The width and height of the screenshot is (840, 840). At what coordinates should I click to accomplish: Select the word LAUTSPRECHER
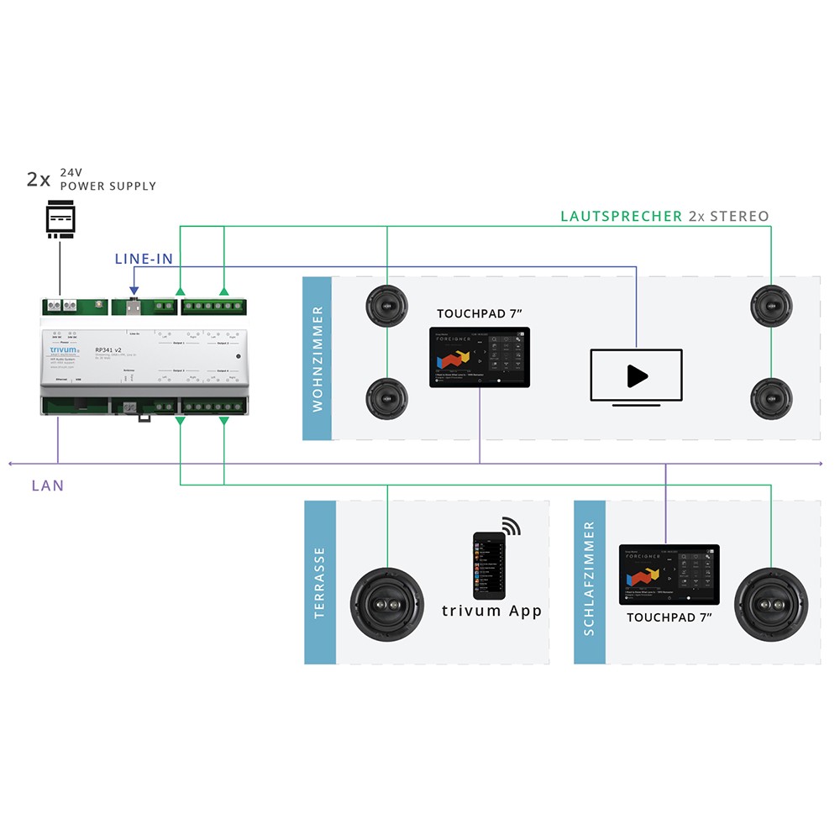point(621,216)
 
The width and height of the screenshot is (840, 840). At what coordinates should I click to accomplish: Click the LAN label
point(47,486)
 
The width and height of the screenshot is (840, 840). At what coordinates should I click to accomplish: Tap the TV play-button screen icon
point(636,376)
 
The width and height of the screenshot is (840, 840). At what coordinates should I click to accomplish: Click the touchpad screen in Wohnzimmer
point(480,357)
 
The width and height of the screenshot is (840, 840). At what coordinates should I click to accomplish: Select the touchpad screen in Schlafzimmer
point(669,575)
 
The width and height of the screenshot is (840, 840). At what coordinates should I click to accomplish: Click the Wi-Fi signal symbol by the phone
point(512,527)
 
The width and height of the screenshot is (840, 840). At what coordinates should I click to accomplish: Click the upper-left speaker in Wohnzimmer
point(386,306)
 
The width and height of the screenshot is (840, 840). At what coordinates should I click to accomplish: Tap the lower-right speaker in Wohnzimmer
point(770,398)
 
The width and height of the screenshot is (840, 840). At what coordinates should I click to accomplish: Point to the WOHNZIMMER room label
point(318,358)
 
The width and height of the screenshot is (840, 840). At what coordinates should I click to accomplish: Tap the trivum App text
point(492,611)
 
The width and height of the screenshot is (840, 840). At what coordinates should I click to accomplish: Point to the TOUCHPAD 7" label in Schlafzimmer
point(669,617)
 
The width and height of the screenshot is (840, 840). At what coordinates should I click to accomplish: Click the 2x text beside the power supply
point(38,179)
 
